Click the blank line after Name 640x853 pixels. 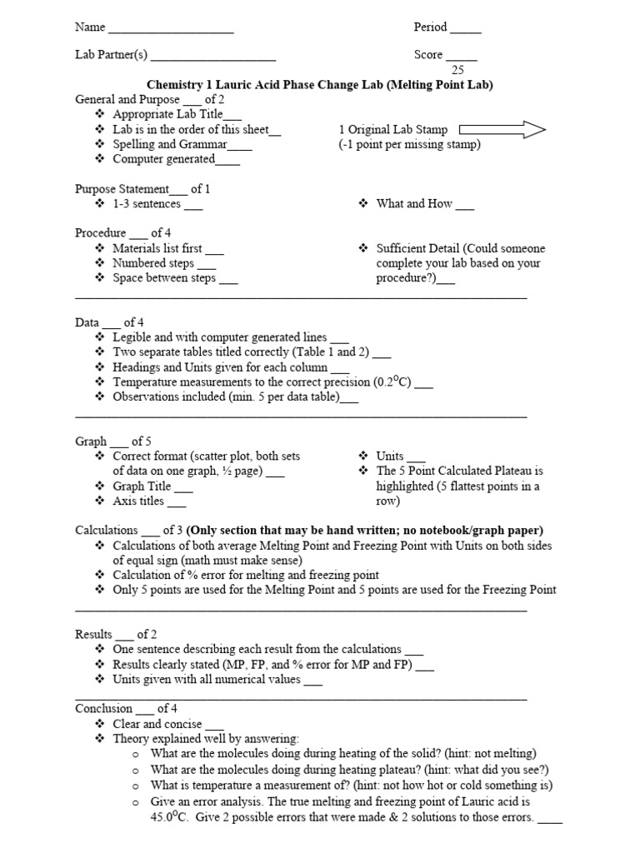click(x=171, y=31)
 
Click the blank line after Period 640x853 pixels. click(x=466, y=31)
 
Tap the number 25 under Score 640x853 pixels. click(x=457, y=70)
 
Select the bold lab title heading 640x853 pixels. click(x=320, y=85)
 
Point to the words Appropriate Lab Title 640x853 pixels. click(x=167, y=114)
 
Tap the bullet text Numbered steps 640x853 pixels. click(x=153, y=263)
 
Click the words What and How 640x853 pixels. click(x=414, y=204)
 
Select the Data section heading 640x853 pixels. click(x=87, y=322)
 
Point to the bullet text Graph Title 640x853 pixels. click(x=142, y=486)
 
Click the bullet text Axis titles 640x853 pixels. click(x=138, y=501)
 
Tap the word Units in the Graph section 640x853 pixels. click(x=390, y=456)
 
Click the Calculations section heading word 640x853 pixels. click(x=106, y=530)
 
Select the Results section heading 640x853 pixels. click(x=93, y=635)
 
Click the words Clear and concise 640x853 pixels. click(x=157, y=725)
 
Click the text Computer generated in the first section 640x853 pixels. click(x=163, y=159)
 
